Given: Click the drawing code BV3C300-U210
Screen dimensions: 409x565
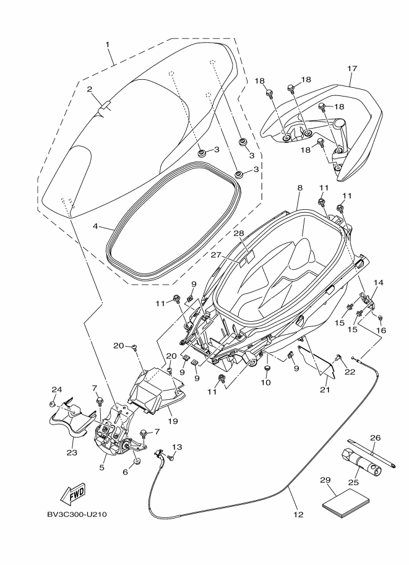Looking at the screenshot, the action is coord(77,514).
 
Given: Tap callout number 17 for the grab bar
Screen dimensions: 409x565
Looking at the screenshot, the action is coord(352,68).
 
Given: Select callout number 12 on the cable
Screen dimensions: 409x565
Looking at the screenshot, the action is coord(299,514).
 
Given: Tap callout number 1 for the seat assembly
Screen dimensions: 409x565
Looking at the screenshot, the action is coord(108,44).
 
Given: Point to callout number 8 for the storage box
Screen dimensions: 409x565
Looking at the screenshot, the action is coord(300,188).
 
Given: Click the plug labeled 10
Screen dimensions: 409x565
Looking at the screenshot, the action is coord(267,369).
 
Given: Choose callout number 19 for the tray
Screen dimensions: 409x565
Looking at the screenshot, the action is coord(173,421).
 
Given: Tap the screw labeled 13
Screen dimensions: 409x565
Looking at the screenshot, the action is coord(170,457).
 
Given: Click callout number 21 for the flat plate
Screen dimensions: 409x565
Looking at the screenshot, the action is coord(325,390).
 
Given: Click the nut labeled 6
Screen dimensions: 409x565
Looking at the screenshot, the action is coord(137,462).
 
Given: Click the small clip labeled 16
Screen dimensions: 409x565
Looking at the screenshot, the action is coord(380,318).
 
